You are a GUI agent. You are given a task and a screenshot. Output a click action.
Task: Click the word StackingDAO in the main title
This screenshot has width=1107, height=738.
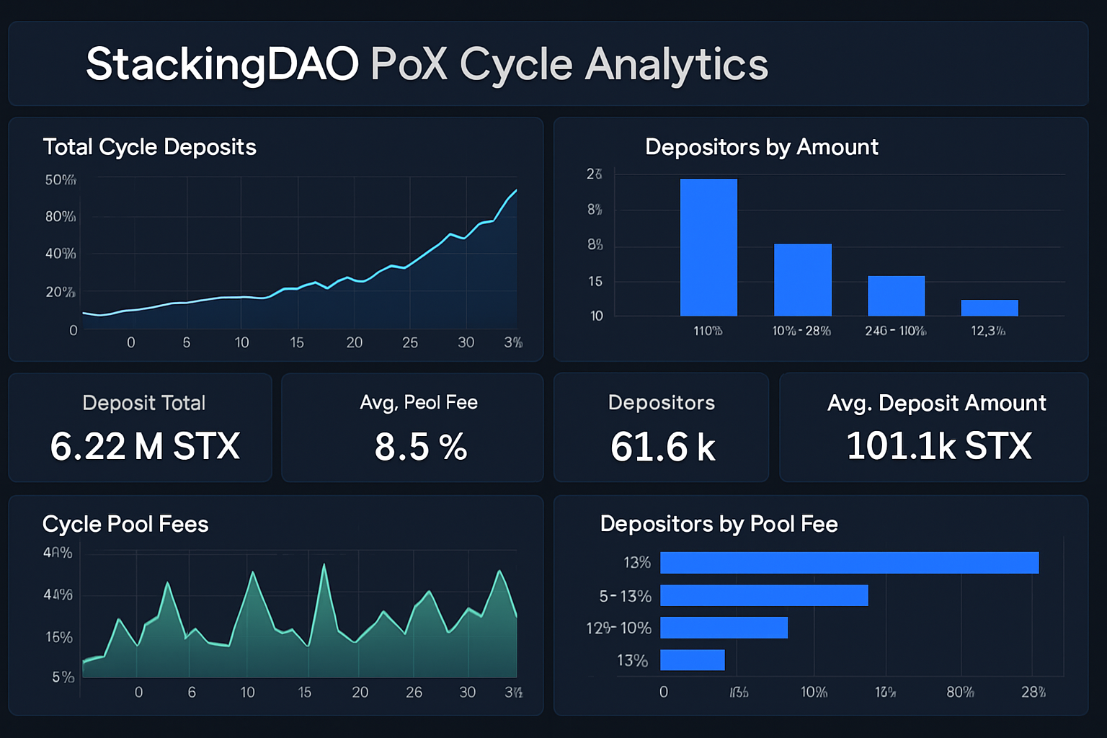coord(222,64)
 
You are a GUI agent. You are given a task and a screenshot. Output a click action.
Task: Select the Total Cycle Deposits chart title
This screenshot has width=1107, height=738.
coord(149,147)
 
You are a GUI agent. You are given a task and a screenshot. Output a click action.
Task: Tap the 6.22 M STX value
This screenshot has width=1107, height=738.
coord(145,446)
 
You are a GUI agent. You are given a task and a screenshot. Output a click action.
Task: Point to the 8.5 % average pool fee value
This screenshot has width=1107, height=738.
coord(421,447)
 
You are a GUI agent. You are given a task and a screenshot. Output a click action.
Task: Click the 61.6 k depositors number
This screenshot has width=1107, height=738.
coord(662,447)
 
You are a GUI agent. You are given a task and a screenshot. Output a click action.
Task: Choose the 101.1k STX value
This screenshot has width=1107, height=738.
coord(938,446)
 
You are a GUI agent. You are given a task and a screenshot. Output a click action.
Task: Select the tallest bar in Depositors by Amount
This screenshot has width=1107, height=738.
coord(708,247)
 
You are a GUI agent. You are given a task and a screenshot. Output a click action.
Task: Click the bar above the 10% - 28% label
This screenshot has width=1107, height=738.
coord(802,280)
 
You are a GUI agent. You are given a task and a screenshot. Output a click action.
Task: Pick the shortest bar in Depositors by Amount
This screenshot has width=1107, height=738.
coord(989,308)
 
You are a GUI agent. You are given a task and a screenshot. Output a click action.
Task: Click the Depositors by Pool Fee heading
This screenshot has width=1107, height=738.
coord(719,524)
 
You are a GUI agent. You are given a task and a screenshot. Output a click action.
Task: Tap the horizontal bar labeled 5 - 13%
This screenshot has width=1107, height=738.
coord(763,595)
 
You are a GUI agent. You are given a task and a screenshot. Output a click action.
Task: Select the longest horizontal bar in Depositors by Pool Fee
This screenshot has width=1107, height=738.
coord(849,563)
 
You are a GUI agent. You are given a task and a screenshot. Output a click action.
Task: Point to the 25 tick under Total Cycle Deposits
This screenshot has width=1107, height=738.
coord(410,342)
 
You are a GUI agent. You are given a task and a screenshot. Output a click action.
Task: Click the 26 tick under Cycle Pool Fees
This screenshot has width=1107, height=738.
coord(414,692)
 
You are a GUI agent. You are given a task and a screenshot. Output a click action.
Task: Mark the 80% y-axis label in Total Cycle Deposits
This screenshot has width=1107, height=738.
coord(61,217)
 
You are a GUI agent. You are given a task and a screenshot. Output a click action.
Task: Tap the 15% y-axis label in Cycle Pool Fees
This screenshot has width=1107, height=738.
coord(59,638)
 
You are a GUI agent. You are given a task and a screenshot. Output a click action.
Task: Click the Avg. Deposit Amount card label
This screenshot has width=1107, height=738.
coord(936,403)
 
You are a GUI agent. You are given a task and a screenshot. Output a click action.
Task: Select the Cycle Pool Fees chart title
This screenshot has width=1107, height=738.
coord(125,524)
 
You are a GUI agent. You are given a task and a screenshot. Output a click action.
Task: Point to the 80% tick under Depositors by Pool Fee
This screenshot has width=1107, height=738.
coord(960,692)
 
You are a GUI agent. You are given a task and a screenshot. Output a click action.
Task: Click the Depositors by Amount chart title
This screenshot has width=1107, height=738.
coord(761,147)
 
